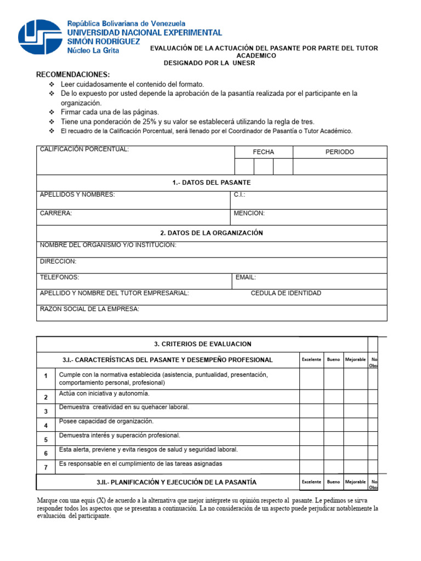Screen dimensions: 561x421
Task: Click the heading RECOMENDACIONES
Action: (x=73, y=75)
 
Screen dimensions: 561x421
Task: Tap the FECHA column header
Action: (x=263, y=152)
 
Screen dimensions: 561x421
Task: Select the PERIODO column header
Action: (x=340, y=152)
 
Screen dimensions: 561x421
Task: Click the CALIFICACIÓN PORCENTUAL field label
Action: (x=84, y=150)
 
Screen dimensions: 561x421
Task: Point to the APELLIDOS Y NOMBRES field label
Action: (x=77, y=194)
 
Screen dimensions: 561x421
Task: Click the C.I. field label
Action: (x=240, y=194)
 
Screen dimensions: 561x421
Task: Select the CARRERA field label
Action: (x=56, y=213)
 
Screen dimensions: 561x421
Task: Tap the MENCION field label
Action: (x=249, y=213)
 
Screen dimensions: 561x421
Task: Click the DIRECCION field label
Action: (x=58, y=261)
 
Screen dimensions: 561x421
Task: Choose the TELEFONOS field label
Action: (x=59, y=277)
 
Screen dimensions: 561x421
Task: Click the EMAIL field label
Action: (x=246, y=277)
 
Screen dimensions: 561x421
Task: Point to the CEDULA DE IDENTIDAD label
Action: (x=286, y=293)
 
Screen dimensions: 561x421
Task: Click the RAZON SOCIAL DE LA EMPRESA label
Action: (x=89, y=309)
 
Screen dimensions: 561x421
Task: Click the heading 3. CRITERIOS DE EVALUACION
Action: (x=203, y=344)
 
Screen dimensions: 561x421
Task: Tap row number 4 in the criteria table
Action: (x=46, y=425)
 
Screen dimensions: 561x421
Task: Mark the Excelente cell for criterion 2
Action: (x=311, y=397)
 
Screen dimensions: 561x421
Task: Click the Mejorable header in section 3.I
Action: (x=355, y=359)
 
